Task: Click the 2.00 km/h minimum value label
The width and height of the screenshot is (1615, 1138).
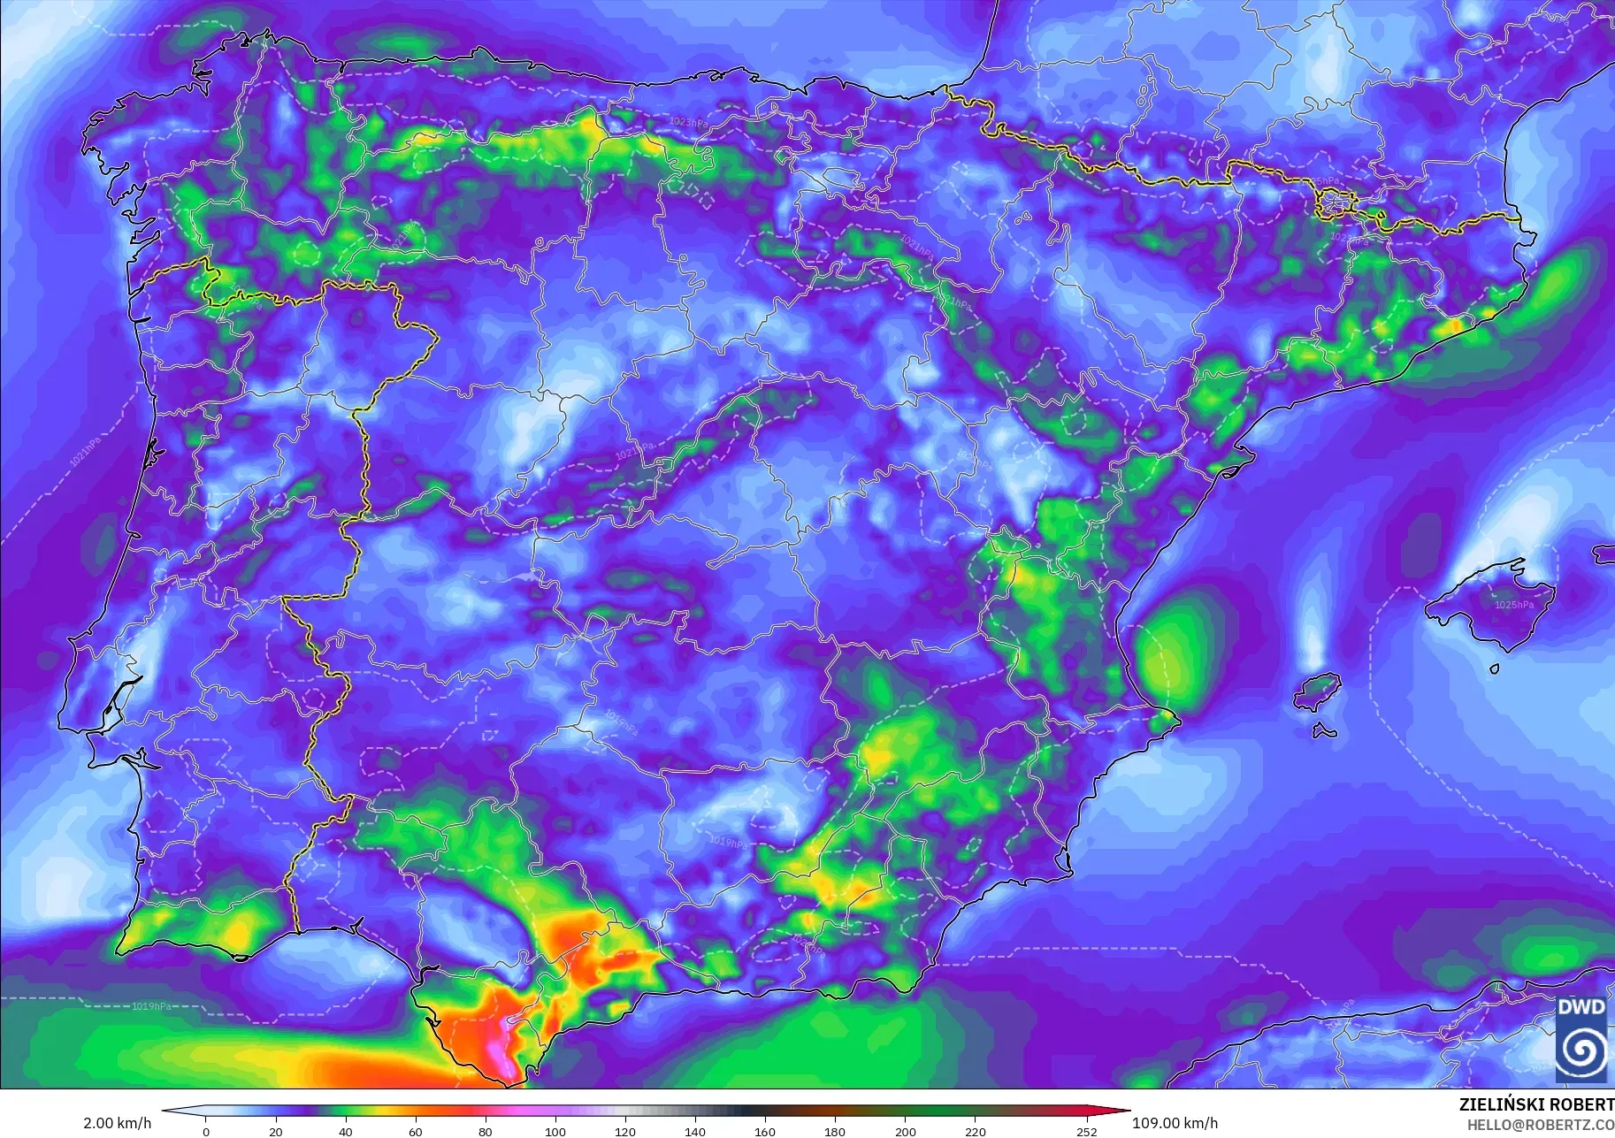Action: [x=117, y=1123]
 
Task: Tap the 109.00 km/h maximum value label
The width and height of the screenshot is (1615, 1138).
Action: [x=1175, y=1123]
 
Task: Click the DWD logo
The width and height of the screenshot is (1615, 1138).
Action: [x=1581, y=1038]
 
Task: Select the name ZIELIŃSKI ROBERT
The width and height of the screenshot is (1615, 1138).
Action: [x=1536, y=1104]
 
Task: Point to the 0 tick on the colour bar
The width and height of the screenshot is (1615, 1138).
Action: [x=206, y=1131]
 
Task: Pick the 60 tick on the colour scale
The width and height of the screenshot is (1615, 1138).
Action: [x=415, y=1131]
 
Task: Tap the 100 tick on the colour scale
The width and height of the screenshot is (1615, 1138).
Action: [x=555, y=1131]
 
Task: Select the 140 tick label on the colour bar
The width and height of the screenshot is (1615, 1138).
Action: [x=694, y=1131]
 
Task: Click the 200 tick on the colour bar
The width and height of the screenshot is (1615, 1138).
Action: [x=905, y=1131]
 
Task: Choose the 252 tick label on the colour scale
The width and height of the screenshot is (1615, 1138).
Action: [x=1086, y=1131]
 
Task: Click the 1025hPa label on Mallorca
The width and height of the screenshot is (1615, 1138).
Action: [x=1514, y=605]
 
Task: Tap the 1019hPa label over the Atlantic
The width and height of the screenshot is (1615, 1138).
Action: [x=151, y=1006]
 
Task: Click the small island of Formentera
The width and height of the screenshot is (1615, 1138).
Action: [x=1324, y=730]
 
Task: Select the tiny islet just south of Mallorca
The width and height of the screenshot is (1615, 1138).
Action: [x=1494, y=669]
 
